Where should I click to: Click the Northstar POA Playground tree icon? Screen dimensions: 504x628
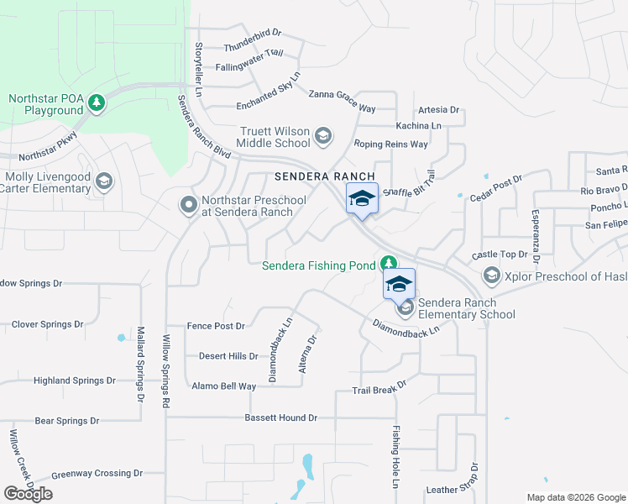click(x=97, y=102)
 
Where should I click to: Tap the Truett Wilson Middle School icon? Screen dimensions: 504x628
click(x=322, y=136)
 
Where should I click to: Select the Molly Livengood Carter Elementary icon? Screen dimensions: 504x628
click(x=103, y=181)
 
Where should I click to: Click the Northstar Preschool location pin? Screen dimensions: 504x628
click(x=188, y=204)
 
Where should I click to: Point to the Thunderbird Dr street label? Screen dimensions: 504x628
click(x=252, y=34)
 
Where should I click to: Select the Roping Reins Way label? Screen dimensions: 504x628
click(x=390, y=144)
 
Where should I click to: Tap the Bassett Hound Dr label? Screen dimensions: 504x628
click(x=281, y=417)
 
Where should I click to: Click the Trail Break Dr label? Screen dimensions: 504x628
click(x=379, y=387)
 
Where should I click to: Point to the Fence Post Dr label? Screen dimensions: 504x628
click(x=216, y=326)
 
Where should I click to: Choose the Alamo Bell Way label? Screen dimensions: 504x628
click(x=223, y=386)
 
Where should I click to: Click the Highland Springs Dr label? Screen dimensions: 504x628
click(x=74, y=381)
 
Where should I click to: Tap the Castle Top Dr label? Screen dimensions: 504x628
click(x=499, y=255)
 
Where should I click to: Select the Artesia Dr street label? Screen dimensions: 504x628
click(x=438, y=110)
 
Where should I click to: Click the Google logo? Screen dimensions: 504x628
click(x=28, y=494)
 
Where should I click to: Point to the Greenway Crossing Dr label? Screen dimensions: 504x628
click(x=97, y=474)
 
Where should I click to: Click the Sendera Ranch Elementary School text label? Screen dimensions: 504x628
click(x=466, y=309)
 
